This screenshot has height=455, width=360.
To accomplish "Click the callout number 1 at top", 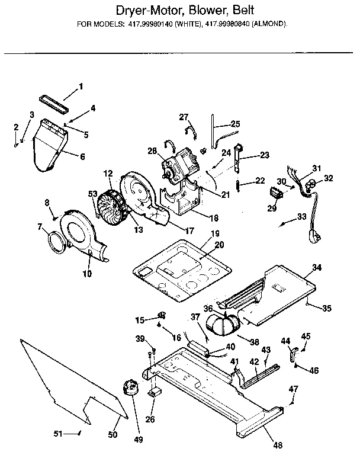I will (81, 86).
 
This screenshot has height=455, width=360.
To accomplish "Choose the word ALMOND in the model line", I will (269, 24).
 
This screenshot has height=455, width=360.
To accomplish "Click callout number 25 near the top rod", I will (235, 124).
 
